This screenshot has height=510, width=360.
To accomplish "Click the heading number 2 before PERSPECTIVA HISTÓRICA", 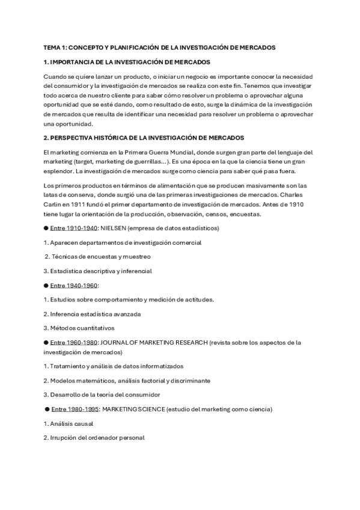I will [x=46, y=138].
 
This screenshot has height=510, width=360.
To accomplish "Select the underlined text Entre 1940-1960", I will [x=73, y=285].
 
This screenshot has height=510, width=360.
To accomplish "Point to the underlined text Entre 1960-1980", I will [x=73, y=342].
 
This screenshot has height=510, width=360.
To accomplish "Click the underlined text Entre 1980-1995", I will [x=75, y=409].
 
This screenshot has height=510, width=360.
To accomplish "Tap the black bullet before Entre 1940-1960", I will [x=46, y=285].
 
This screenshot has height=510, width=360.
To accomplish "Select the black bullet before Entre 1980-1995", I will [x=47, y=409].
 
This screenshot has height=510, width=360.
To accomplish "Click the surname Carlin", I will [x=55, y=204].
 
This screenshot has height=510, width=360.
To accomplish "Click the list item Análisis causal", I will [x=67, y=423].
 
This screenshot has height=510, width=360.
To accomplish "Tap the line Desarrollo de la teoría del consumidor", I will [x=104, y=395].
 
